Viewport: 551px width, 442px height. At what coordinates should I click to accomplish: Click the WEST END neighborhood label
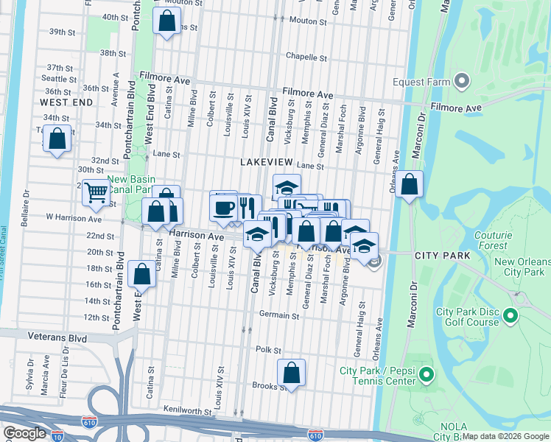66,102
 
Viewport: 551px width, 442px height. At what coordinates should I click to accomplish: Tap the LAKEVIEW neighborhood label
266,161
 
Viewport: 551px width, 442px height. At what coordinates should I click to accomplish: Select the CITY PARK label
442,255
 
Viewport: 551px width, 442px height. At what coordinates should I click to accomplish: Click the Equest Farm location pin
463,81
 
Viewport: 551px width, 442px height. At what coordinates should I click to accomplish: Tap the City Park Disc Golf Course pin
509,317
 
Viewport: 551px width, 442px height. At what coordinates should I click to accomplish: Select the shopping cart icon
96,194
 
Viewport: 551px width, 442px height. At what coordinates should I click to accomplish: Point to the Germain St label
279,315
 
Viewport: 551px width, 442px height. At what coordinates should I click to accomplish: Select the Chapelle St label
306,57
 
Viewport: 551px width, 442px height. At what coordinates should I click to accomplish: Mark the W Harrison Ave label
74,218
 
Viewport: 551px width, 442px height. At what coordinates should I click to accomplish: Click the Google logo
24,433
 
